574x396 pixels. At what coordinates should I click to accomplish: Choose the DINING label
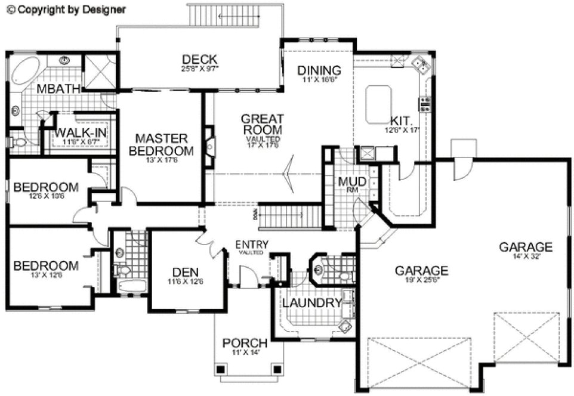tap(319, 70)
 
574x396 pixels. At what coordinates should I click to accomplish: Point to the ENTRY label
tap(252, 245)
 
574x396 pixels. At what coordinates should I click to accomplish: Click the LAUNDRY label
tap(311, 304)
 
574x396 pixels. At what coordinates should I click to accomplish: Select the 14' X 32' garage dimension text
tap(525, 257)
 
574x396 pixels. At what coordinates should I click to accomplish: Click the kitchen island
tap(378, 96)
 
